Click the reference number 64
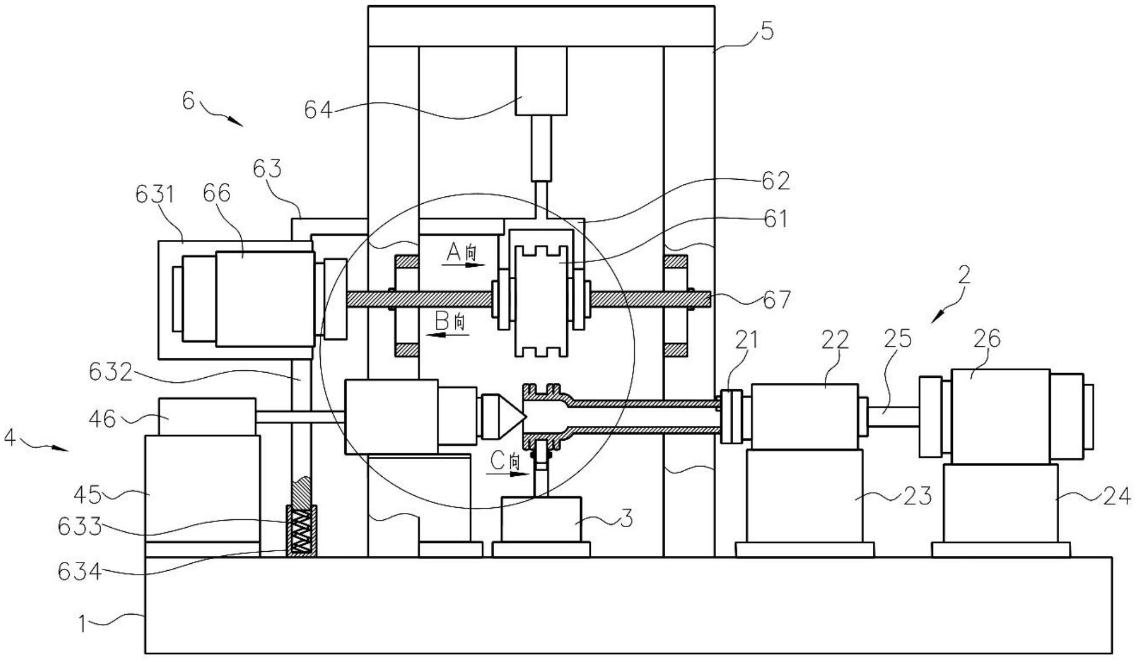pos(318,109)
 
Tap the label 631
pos(155,195)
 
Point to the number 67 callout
pos(777,299)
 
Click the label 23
pos(917,496)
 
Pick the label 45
pos(88,495)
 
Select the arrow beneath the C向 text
pos(508,473)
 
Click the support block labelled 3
pos(541,519)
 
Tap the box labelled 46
pos(207,417)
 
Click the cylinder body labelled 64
pos(541,81)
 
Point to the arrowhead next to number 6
pos(236,121)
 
